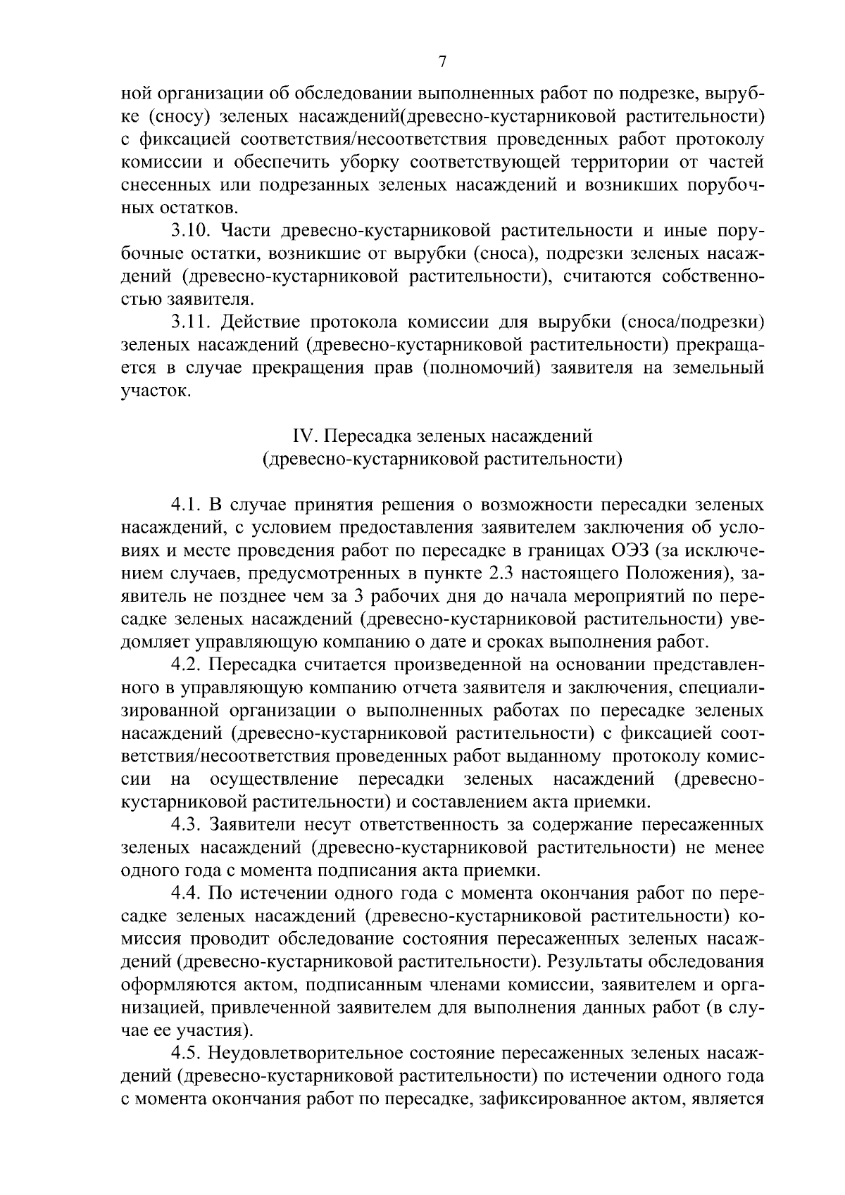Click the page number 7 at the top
[442, 62]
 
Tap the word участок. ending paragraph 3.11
[156, 391]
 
